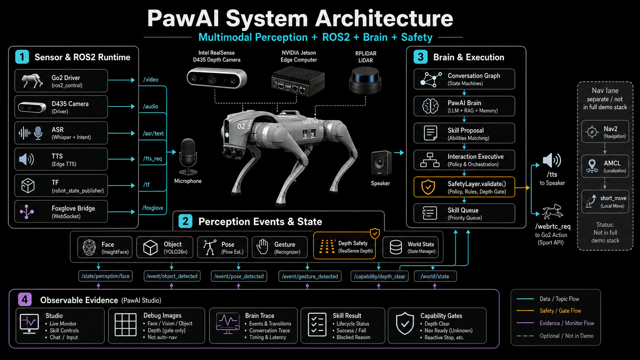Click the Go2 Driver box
tap(61, 81)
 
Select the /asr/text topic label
tap(153, 133)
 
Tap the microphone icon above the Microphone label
tap(188, 157)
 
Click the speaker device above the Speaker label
tap(381, 163)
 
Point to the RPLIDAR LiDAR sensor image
tap(365, 80)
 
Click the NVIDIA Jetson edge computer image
tap(298, 81)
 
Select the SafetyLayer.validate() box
tap(464, 187)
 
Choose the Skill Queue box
tap(464, 213)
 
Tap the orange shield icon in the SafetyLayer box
tap(428, 187)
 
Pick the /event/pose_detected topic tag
tap(239, 276)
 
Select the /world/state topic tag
tap(435, 276)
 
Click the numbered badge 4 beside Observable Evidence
tap(25, 300)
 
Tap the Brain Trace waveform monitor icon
tap(228, 323)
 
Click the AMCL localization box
tap(605, 166)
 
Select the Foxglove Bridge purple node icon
tap(26, 212)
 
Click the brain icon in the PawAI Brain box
tap(430, 106)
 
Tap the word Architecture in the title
tap(384, 19)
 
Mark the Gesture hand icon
tap(262, 247)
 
